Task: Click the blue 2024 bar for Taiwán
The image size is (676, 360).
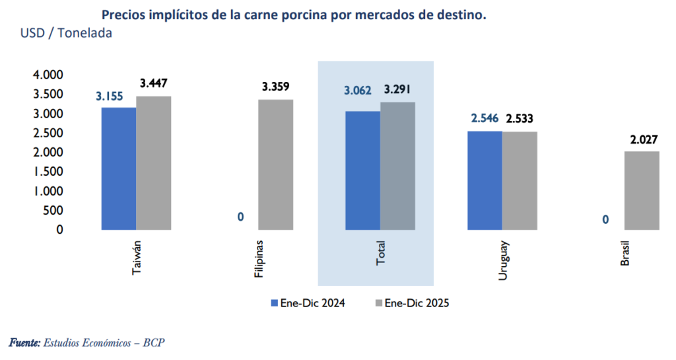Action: point(119,168)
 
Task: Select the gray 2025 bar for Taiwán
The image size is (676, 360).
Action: point(154,163)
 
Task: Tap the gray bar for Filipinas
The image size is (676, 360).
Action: point(275,164)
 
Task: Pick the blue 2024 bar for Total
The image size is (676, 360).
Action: point(362,170)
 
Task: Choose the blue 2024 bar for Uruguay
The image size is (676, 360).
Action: point(485,180)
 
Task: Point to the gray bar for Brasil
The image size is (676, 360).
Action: point(642,190)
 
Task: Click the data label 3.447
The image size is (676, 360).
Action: point(154,83)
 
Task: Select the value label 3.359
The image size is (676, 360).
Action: point(275,87)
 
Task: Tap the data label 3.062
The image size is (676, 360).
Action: point(357,90)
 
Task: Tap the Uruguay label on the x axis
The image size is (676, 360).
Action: point(503,262)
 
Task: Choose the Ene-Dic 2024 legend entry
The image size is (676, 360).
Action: point(308,303)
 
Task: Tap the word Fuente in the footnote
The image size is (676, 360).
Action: point(24,343)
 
